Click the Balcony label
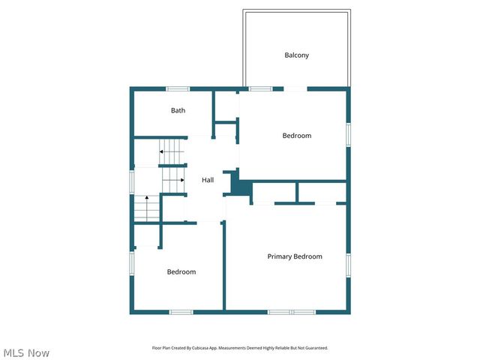click(296, 55)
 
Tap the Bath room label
click(178, 110)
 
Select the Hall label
click(208, 180)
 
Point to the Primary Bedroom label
click(295, 256)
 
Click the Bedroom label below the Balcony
click(296, 136)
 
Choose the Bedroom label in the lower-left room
click(181, 271)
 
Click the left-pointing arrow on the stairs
click(161, 152)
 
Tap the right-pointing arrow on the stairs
click(181, 180)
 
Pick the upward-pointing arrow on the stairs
click(146, 199)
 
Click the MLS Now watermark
click(26, 352)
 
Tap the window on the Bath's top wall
click(177, 89)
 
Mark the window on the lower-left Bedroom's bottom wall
click(181, 311)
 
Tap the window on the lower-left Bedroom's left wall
click(132, 262)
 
